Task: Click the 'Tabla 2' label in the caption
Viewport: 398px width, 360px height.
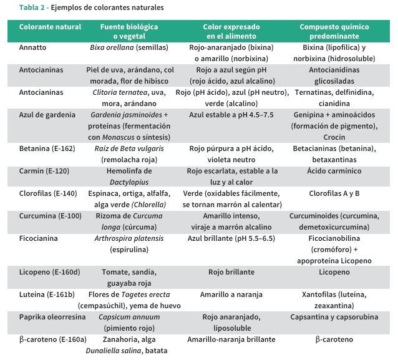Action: click(32, 7)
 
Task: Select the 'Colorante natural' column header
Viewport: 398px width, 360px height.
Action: click(51, 27)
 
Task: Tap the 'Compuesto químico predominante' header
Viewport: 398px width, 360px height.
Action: click(334, 32)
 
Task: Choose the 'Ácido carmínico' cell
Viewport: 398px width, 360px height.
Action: click(334, 171)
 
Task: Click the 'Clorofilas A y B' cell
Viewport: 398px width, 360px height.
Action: click(334, 193)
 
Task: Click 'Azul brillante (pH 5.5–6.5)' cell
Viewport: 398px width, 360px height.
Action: click(231, 238)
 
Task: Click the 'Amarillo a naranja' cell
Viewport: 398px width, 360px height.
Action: click(231, 294)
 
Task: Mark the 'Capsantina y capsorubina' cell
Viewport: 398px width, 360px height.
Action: click(334, 317)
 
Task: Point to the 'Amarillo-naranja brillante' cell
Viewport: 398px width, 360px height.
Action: click(231, 339)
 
